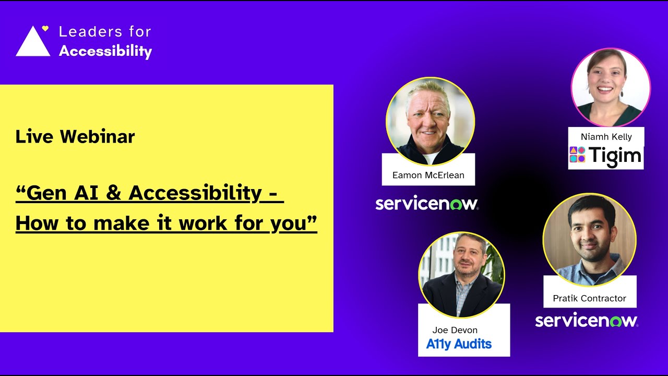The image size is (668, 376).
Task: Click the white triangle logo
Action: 33,43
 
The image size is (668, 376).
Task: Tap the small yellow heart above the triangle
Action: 45,28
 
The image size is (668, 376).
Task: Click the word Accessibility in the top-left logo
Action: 105,51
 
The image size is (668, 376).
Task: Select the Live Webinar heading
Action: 75,137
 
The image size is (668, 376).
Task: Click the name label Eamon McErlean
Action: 428,175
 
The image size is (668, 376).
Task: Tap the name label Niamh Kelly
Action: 606,137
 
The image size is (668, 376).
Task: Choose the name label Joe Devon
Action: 455,330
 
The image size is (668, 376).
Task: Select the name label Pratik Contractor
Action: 589,298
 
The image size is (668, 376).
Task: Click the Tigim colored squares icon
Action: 577,155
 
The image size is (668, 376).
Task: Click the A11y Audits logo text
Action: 459,344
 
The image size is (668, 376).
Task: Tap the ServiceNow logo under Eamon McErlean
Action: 427,204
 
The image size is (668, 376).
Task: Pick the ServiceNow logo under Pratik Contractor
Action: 587,321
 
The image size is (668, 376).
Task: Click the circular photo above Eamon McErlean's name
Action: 430,121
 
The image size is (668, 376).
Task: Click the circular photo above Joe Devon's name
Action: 461,274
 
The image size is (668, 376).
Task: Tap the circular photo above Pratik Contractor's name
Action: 589,239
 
